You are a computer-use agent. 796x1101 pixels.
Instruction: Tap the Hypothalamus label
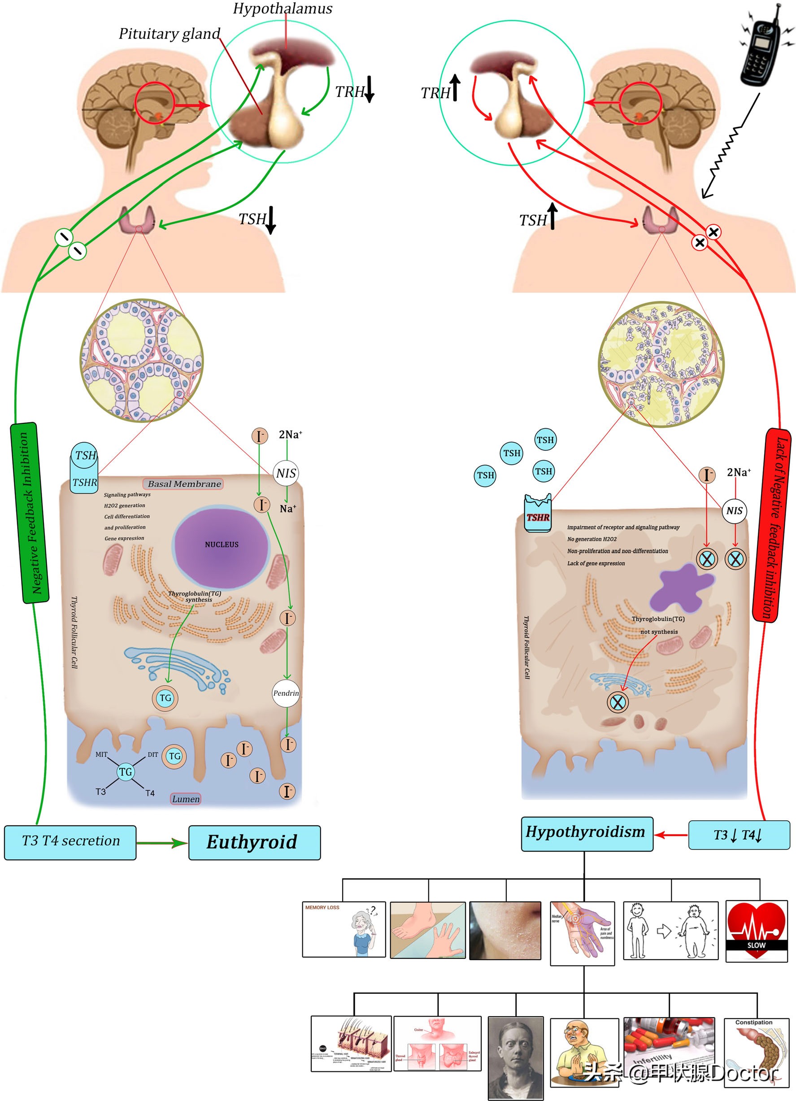pos(283,9)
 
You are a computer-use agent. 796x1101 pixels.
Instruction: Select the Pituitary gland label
pos(170,34)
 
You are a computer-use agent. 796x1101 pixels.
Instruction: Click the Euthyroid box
pos(254,842)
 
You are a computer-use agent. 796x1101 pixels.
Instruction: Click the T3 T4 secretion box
pos(70,841)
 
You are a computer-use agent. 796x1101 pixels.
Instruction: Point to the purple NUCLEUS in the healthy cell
pos(222,544)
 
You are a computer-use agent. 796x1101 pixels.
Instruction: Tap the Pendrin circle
pos(286,693)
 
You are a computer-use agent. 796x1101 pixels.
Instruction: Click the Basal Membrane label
pos(183,483)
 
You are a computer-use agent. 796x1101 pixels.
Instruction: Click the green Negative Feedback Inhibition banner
pos(30,513)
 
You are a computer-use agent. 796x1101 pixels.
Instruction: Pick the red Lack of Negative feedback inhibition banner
pos(772,525)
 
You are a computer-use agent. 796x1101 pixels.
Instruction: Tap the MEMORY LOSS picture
pos(344,929)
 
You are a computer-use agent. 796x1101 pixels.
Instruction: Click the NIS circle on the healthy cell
pos(286,473)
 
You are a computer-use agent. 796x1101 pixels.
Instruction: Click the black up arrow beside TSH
pos(552,216)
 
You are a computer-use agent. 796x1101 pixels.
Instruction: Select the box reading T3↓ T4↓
pos(738,835)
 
